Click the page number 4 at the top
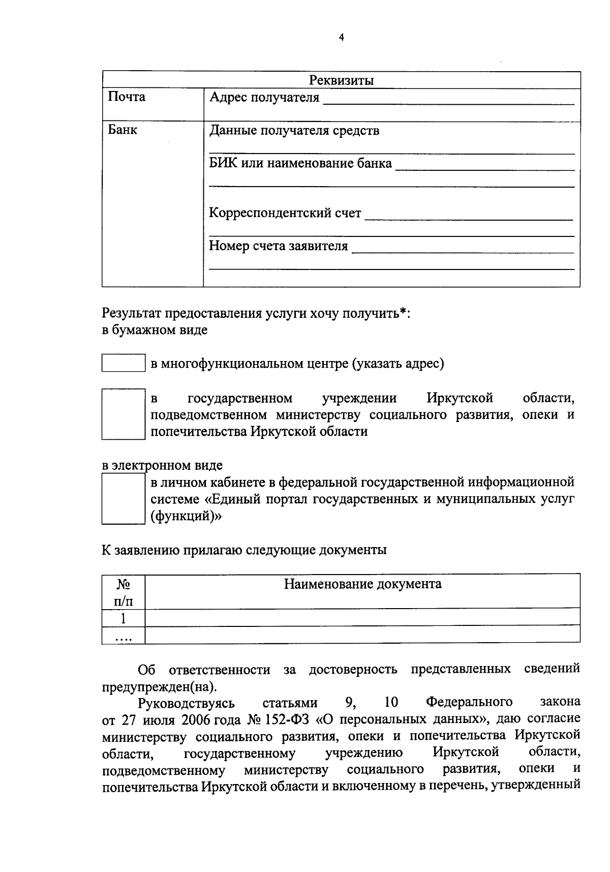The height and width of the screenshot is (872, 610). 341,37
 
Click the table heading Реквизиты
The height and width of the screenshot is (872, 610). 341,80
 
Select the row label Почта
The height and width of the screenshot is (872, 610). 127,97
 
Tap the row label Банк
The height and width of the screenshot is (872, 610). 123,130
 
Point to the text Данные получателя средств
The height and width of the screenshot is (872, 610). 294,131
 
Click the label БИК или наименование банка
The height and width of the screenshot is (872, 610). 300,164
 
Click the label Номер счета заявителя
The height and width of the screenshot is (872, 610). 279,246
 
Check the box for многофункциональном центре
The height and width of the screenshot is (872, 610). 123,363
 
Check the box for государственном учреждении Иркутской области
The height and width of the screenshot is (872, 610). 123,414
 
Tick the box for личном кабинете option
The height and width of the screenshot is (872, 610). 123,499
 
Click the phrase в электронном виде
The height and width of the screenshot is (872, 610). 162,465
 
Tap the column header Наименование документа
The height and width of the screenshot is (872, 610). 362,584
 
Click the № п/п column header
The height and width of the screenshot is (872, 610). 123,592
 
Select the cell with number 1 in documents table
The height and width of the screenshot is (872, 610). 123,618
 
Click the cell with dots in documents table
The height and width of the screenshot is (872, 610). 123,636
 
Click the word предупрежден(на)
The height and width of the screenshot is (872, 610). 159,686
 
